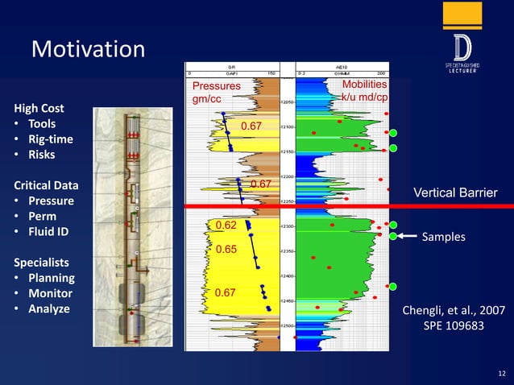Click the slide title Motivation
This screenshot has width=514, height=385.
(x=88, y=50)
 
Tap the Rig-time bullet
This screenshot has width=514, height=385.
(x=50, y=139)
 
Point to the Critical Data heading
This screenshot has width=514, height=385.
(x=50, y=185)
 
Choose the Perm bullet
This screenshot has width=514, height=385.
(x=42, y=217)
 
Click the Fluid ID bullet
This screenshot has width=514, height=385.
(x=48, y=232)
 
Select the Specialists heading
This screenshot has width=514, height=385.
(x=41, y=263)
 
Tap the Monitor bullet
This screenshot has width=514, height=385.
(x=52, y=293)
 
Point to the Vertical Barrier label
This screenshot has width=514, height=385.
(x=455, y=192)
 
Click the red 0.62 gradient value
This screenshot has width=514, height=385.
(x=225, y=226)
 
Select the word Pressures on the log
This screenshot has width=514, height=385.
(x=215, y=85)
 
